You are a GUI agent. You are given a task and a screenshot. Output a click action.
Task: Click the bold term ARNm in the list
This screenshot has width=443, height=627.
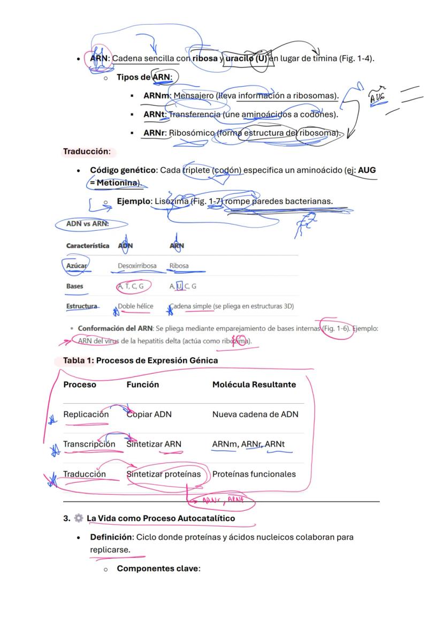[x=156, y=95]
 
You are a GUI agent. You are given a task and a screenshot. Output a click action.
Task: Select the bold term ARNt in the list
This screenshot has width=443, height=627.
[x=155, y=114]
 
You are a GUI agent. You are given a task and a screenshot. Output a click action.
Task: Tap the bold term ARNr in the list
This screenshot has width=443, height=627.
[x=155, y=133]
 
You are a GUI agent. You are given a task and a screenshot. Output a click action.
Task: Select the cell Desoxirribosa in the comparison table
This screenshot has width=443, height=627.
[x=137, y=266]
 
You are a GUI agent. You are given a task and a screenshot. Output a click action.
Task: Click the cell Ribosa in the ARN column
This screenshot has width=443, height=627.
[x=179, y=266]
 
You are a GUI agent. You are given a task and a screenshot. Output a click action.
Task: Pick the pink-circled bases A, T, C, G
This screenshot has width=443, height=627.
[x=131, y=286]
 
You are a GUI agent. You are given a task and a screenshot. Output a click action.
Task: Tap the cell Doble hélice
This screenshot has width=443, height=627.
[x=135, y=306]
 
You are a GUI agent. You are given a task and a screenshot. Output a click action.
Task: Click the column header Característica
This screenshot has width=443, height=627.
[x=88, y=246]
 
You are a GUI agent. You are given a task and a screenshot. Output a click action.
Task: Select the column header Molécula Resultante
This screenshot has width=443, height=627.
[x=254, y=384]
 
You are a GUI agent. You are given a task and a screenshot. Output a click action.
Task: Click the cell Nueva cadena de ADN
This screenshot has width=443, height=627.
[x=255, y=414]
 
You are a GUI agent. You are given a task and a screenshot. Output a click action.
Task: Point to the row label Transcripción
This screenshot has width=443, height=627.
[x=89, y=444]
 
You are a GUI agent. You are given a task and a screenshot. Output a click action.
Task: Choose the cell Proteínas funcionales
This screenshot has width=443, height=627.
[x=254, y=474]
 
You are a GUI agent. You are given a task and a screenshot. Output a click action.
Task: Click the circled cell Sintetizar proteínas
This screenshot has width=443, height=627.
[x=163, y=474]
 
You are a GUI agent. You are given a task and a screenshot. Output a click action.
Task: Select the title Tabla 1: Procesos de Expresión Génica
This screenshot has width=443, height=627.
[x=140, y=360]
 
